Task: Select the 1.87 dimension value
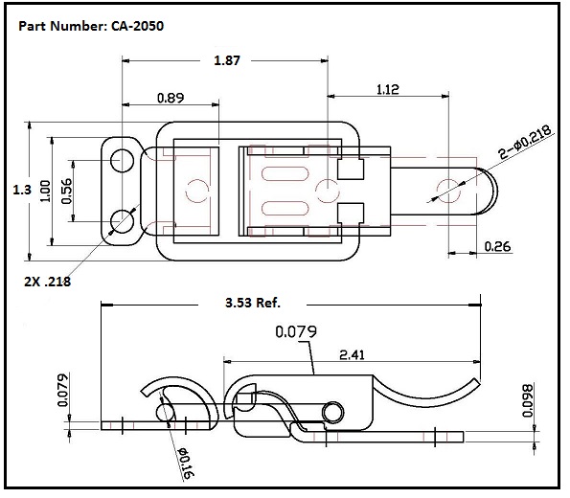[x=226, y=60]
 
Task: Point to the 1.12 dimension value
[x=387, y=89]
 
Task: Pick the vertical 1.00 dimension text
[x=44, y=191]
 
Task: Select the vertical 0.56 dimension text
[x=66, y=191]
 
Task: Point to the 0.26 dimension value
[x=497, y=246]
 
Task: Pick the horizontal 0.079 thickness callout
[x=296, y=332]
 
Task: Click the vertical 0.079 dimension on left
[x=63, y=389]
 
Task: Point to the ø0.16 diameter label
[x=185, y=461]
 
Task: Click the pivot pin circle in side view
[x=332, y=411]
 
